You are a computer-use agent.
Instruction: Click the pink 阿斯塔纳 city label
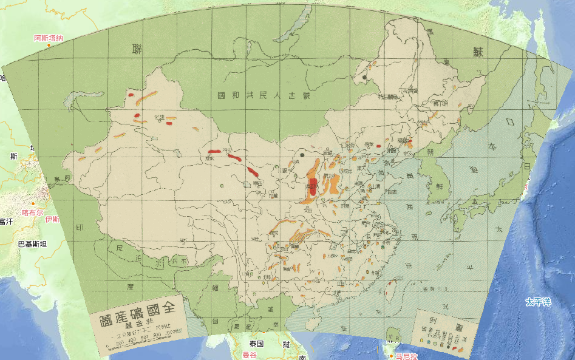(x=48, y=38)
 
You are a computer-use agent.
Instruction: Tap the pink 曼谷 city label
(x=250, y=355)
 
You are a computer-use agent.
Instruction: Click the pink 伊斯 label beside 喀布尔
(x=52, y=219)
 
